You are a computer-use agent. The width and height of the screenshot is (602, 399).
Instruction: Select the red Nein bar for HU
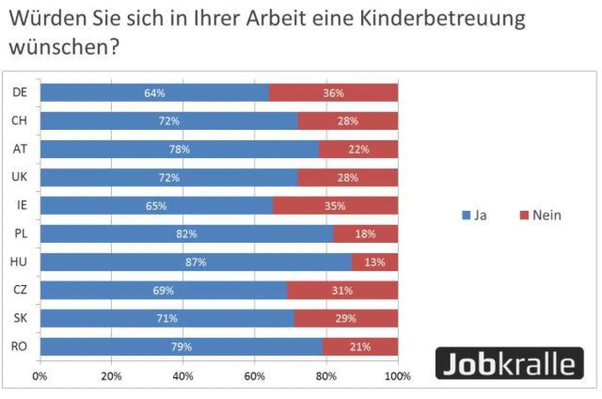375,262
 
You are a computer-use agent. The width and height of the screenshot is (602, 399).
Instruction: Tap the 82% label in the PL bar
187,234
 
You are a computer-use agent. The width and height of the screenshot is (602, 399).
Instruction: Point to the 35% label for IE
335,206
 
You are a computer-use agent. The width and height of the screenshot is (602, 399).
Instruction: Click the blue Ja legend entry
474,215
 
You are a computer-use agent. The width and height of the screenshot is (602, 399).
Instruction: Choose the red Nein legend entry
540,215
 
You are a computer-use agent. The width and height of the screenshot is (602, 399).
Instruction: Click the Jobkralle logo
509,362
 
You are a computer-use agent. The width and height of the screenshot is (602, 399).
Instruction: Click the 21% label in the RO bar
360,346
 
